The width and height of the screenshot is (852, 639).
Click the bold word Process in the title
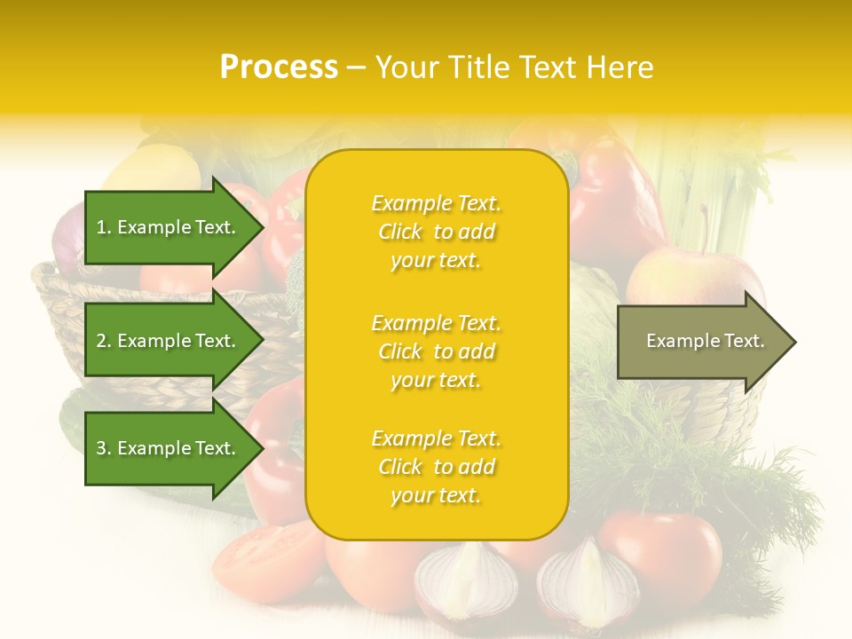pyautogui.click(x=279, y=67)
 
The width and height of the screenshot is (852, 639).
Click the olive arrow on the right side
pyautogui.click(x=701, y=341)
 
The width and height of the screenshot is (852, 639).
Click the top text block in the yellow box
pyautogui.click(x=436, y=232)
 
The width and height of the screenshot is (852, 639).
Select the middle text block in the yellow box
pyautogui.click(x=436, y=351)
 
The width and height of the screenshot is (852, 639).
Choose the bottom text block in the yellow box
pyautogui.click(x=436, y=467)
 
